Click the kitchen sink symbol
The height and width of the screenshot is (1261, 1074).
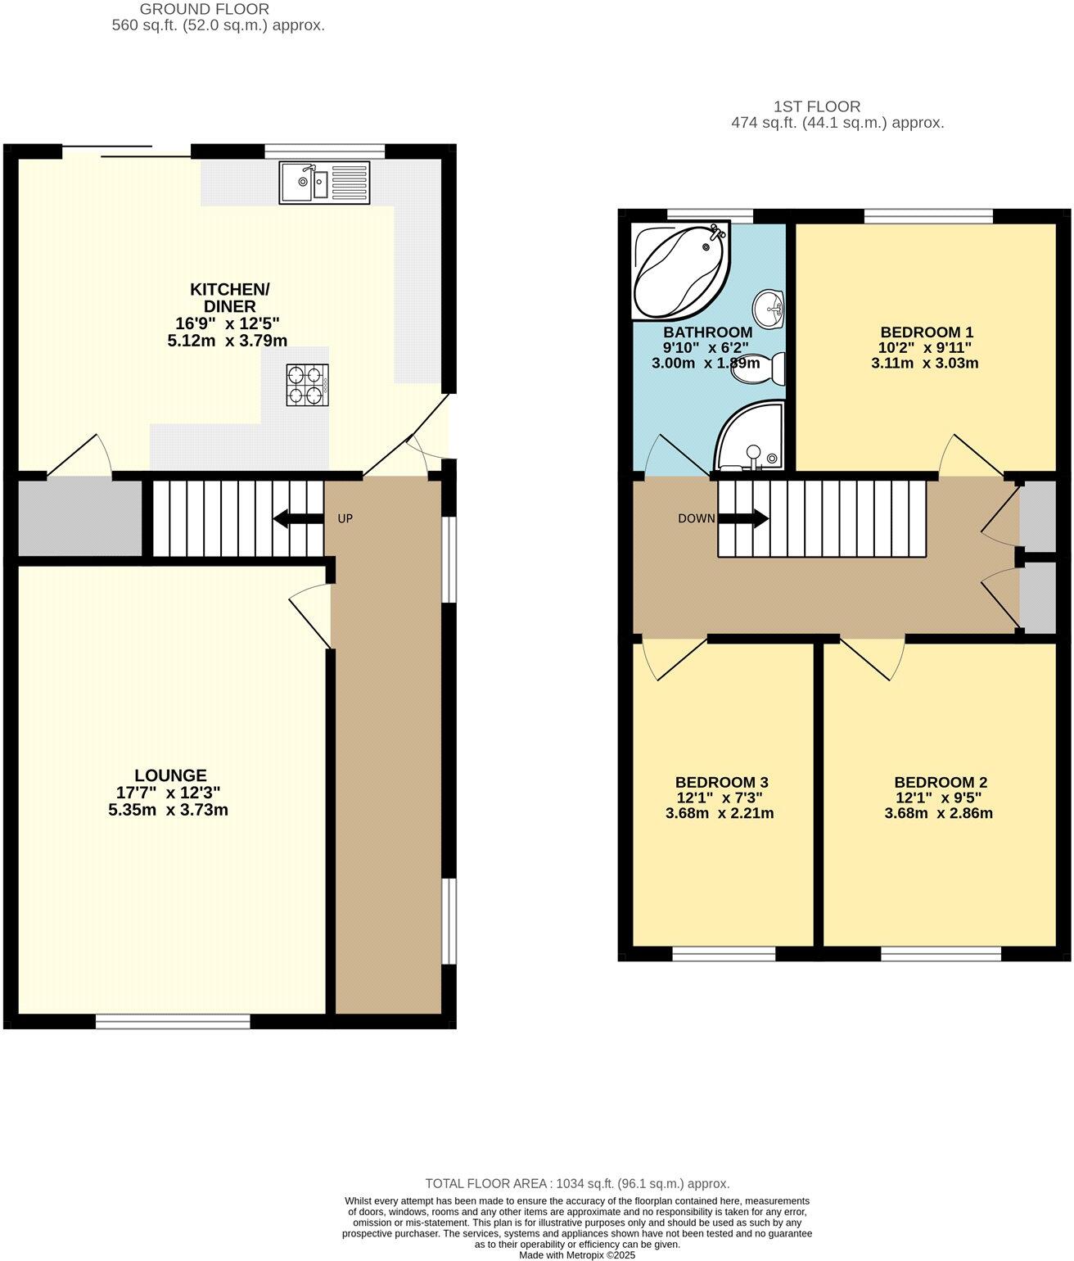click(x=324, y=182)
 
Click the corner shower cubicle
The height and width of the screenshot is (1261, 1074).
click(x=749, y=438)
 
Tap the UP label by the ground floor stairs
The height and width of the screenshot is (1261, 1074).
click(x=345, y=518)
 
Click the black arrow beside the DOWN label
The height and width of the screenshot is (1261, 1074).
click(x=743, y=518)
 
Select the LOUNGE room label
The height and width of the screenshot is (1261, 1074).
click(x=170, y=775)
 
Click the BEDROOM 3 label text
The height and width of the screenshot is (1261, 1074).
click(x=721, y=782)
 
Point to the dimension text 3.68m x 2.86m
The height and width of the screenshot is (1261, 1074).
click(x=938, y=813)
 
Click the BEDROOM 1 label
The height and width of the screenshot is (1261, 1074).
click(x=926, y=332)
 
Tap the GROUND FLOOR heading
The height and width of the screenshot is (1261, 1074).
click(x=204, y=9)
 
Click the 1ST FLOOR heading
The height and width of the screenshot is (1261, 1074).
click(x=816, y=106)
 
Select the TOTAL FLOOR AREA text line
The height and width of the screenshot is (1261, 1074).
click(x=577, y=1183)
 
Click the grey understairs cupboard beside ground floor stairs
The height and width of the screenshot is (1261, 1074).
click(x=79, y=518)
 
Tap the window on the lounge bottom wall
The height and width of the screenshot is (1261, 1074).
click(x=173, y=1020)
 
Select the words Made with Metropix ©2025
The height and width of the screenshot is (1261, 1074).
click(x=577, y=1254)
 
